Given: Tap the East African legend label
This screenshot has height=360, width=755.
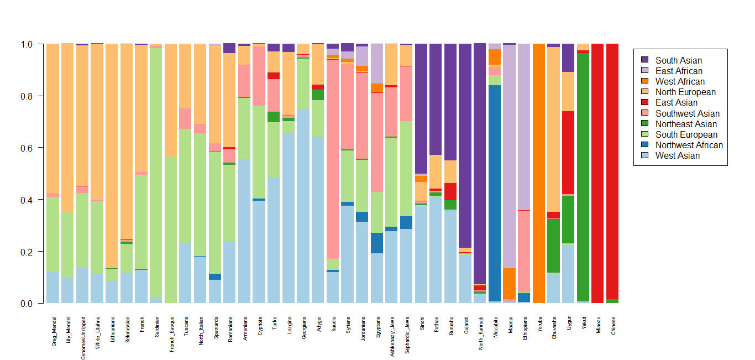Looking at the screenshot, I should point(679,71).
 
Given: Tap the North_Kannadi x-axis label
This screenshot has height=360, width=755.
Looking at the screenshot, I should point(480,330).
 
